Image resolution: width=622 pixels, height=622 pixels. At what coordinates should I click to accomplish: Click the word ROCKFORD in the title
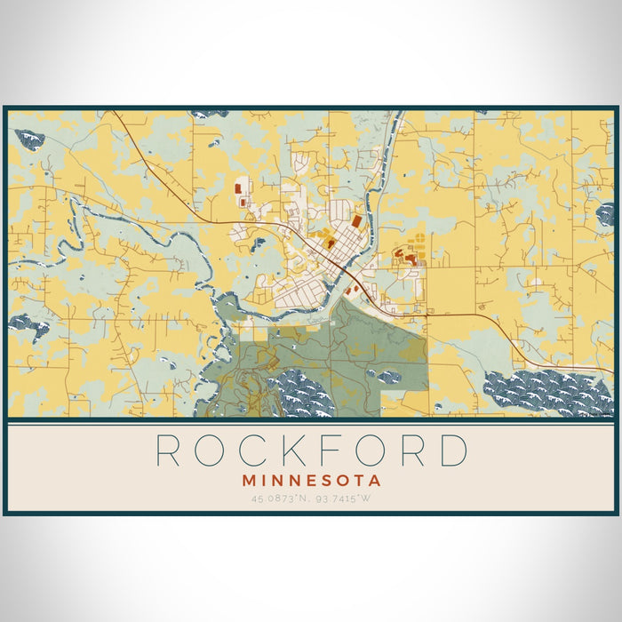point(311,451)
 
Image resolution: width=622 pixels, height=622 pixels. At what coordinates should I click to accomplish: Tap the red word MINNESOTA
point(311,481)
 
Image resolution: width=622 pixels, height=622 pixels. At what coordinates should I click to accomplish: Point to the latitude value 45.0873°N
point(277,499)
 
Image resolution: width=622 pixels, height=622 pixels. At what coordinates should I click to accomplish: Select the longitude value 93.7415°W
point(347,499)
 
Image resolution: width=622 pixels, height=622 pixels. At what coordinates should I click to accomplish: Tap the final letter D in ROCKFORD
point(452,451)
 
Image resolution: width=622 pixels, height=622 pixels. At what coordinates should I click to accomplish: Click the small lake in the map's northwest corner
point(29,138)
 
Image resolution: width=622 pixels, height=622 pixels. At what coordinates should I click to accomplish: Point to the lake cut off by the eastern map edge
point(606,213)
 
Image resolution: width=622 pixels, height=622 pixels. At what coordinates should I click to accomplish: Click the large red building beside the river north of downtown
point(356,219)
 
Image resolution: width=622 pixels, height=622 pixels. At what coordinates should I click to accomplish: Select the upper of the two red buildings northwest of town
point(237,188)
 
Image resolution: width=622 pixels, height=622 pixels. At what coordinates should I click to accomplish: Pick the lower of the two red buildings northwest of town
point(243,203)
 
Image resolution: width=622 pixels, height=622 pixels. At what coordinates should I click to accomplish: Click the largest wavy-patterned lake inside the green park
point(302,391)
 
